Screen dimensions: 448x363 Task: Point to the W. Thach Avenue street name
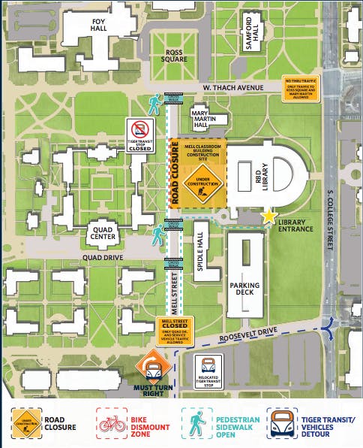[233, 87]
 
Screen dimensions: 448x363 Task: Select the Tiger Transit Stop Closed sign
[140, 135]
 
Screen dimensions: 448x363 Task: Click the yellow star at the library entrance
[268, 217]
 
